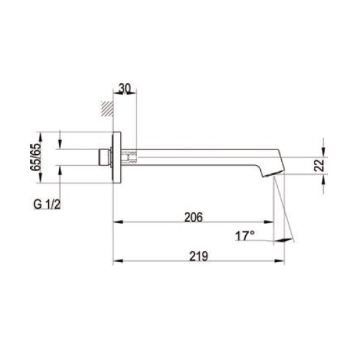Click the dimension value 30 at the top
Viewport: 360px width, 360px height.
(x=125, y=88)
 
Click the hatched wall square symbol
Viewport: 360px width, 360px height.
(x=105, y=107)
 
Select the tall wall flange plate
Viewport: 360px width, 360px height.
(x=117, y=157)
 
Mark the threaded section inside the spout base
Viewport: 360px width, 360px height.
(x=132, y=157)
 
